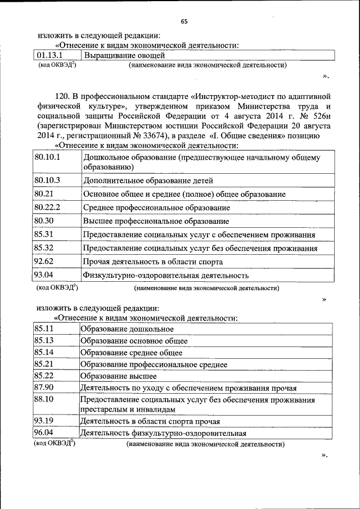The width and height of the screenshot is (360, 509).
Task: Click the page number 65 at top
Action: coord(184,21)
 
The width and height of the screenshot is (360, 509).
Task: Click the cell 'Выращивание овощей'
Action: coord(124,55)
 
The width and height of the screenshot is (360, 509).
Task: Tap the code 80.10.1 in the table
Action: coord(47,157)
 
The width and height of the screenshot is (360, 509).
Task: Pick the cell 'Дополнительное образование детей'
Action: coord(148,181)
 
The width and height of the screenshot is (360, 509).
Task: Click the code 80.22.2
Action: coord(47,207)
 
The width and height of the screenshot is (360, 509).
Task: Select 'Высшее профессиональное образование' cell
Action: coord(156,221)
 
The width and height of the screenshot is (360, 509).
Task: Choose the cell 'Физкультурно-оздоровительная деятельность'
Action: coord(166,276)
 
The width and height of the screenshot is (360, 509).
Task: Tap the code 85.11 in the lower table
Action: coord(44,328)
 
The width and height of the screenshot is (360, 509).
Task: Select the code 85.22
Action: coord(44,375)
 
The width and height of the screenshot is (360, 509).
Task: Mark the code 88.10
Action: coord(44,399)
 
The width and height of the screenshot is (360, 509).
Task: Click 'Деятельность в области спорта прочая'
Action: coord(150,421)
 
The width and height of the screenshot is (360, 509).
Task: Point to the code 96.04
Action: coord(44,433)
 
